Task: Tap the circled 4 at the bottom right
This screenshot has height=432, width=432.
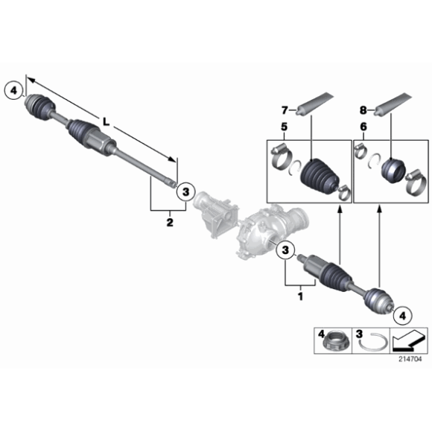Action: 402,315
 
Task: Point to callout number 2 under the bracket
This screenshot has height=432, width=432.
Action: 169,222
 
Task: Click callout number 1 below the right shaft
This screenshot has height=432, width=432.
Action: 300,296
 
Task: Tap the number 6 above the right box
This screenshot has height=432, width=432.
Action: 363,128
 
